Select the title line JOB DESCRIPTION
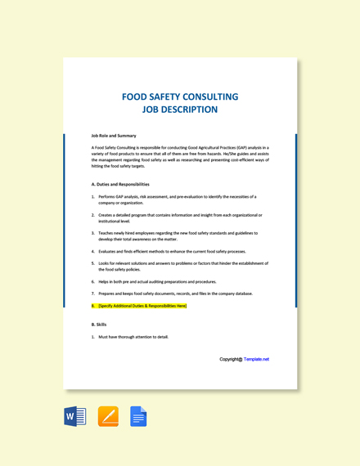[180, 110]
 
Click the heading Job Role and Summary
[114, 136]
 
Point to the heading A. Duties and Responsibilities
[120, 184]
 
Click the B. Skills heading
[99, 324]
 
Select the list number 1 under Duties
[93, 197]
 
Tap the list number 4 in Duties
[93, 252]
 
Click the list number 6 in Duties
[93, 280]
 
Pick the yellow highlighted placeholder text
[142, 306]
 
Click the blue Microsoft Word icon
[75, 417]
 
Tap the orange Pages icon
[108, 417]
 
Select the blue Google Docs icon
[138, 417]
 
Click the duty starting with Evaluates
[172, 252]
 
